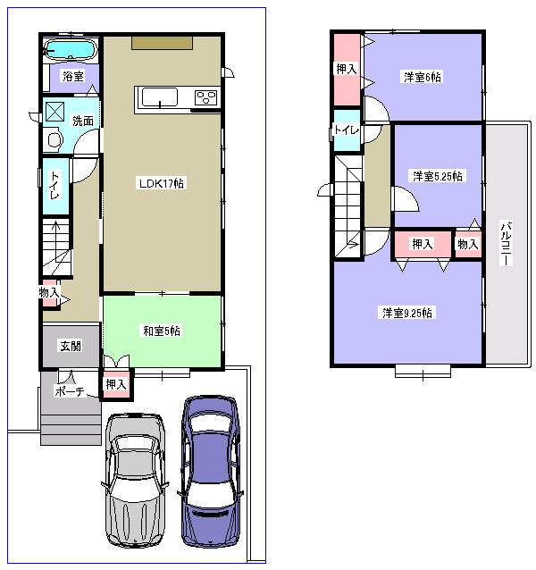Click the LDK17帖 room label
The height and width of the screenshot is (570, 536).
pos(161,184)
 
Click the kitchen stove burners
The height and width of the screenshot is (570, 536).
pos(205,97)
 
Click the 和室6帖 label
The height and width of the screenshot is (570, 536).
pos(162,331)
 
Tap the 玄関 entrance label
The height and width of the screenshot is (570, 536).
pos(71,345)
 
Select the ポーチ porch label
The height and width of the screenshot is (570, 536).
pos(69,390)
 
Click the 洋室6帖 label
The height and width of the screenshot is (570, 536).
pos(422,77)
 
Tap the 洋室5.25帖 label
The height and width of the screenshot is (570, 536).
pos(437,176)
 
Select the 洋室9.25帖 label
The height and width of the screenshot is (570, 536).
pos(408,313)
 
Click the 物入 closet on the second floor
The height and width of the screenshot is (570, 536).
pos(467,244)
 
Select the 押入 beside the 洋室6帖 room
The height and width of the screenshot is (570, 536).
pos(346,68)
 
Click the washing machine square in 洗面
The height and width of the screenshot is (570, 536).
pos(55,111)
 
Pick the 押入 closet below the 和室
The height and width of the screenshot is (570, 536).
pos(115,384)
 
